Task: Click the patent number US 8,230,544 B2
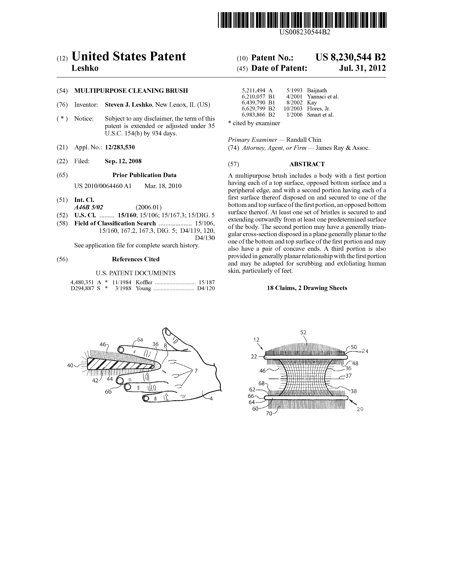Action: [x=351, y=57]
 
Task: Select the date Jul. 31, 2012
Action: [x=362, y=68]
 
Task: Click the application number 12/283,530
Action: [x=120, y=147]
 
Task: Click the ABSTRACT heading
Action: [x=307, y=164]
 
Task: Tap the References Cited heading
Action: [x=136, y=259]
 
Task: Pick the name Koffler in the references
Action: [x=144, y=282]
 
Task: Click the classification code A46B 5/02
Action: [x=89, y=207]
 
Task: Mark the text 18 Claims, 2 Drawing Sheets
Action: [x=307, y=288]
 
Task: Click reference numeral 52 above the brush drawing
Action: [x=303, y=332]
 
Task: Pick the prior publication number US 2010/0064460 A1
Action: [x=103, y=186]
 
